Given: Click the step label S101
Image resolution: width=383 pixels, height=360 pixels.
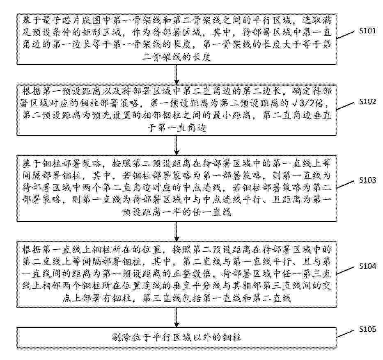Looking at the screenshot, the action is click(367, 31).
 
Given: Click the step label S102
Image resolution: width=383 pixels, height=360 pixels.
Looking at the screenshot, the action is click(367, 101).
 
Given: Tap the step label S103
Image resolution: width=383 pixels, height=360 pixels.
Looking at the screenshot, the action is click(367, 180).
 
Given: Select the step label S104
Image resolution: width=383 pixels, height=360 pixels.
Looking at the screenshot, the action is click(367, 266).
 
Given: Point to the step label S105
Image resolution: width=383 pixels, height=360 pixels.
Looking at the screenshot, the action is click(367, 329).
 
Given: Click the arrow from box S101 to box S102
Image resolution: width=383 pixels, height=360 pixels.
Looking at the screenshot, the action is click(177, 75).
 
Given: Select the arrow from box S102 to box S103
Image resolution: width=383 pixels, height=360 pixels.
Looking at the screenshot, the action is click(177, 146).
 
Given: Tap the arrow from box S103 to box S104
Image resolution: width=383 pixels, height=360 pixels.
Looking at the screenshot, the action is click(177, 232).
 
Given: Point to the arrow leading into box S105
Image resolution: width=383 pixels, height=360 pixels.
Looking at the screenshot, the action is click(177, 317).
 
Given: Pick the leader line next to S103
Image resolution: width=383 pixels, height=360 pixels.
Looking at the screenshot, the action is click(345, 185).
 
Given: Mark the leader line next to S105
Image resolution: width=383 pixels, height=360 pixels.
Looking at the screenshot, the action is click(345, 334).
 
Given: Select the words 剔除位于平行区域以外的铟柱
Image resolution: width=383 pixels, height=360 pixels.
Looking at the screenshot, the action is click(177, 337).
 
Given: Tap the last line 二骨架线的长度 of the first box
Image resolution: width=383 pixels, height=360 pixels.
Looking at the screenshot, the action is click(177, 57).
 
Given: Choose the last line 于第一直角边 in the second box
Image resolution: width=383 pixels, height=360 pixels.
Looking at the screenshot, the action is click(177, 128).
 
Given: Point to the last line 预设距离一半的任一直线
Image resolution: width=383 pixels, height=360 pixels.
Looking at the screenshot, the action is click(177, 212).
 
